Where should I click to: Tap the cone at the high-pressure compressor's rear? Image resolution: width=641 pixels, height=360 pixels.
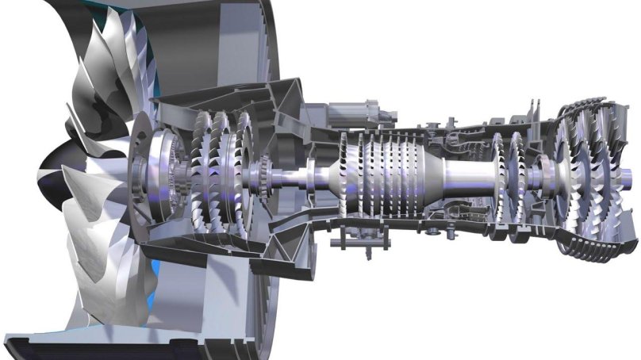click(x=428, y=178)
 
